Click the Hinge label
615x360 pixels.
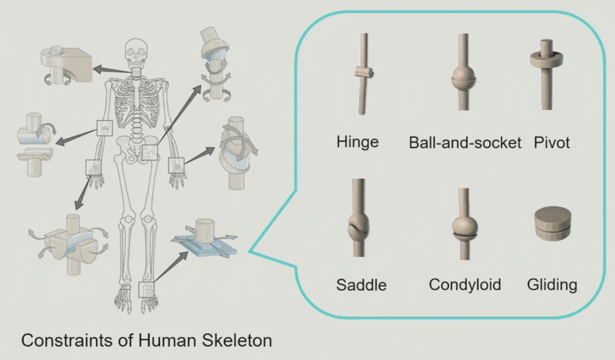(x=357, y=142)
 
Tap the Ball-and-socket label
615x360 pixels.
(x=465, y=142)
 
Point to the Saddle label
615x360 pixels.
(x=361, y=285)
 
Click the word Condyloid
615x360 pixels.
(x=465, y=285)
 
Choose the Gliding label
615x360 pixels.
(x=552, y=285)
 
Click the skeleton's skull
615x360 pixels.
(x=138, y=52)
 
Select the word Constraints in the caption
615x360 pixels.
(x=58, y=339)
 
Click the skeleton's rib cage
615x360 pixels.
(x=138, y=104)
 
